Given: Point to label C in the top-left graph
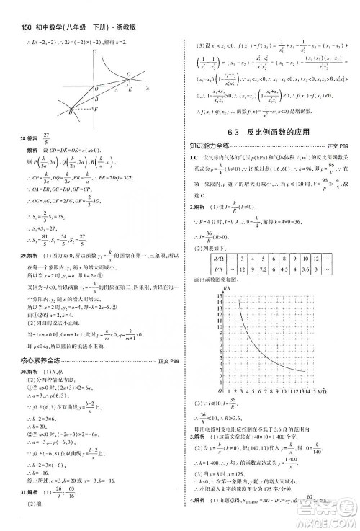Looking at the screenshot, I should (129, 73).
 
